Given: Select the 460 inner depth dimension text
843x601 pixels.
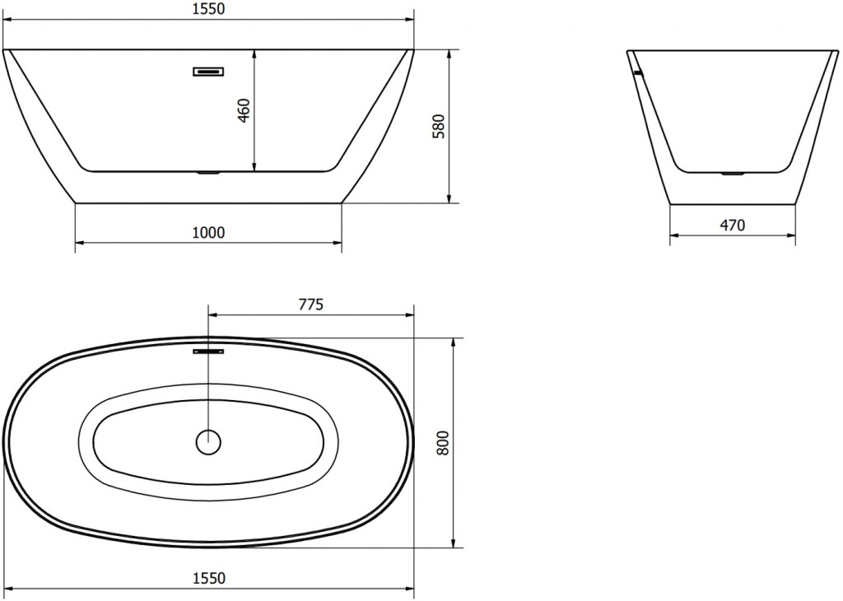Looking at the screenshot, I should click(x=244, y=110).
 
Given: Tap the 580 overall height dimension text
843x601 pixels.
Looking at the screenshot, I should click(x=439, y=126).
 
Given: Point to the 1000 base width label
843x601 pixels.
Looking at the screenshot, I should click(x=207, y=232).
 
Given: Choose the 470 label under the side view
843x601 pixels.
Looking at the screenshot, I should click(x=732, y=225).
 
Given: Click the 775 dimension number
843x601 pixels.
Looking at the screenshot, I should click(x=310, y=304).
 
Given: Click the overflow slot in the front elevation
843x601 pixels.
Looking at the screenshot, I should click(x=208, y=72).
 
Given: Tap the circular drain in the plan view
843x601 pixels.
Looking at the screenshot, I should click(x=208, y=442).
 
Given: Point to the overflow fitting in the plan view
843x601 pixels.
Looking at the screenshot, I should click(x=208, y=352).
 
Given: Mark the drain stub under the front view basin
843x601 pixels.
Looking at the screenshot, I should click(x=208, y=174).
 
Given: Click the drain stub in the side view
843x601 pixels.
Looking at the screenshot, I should click(x=732, y=174).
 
